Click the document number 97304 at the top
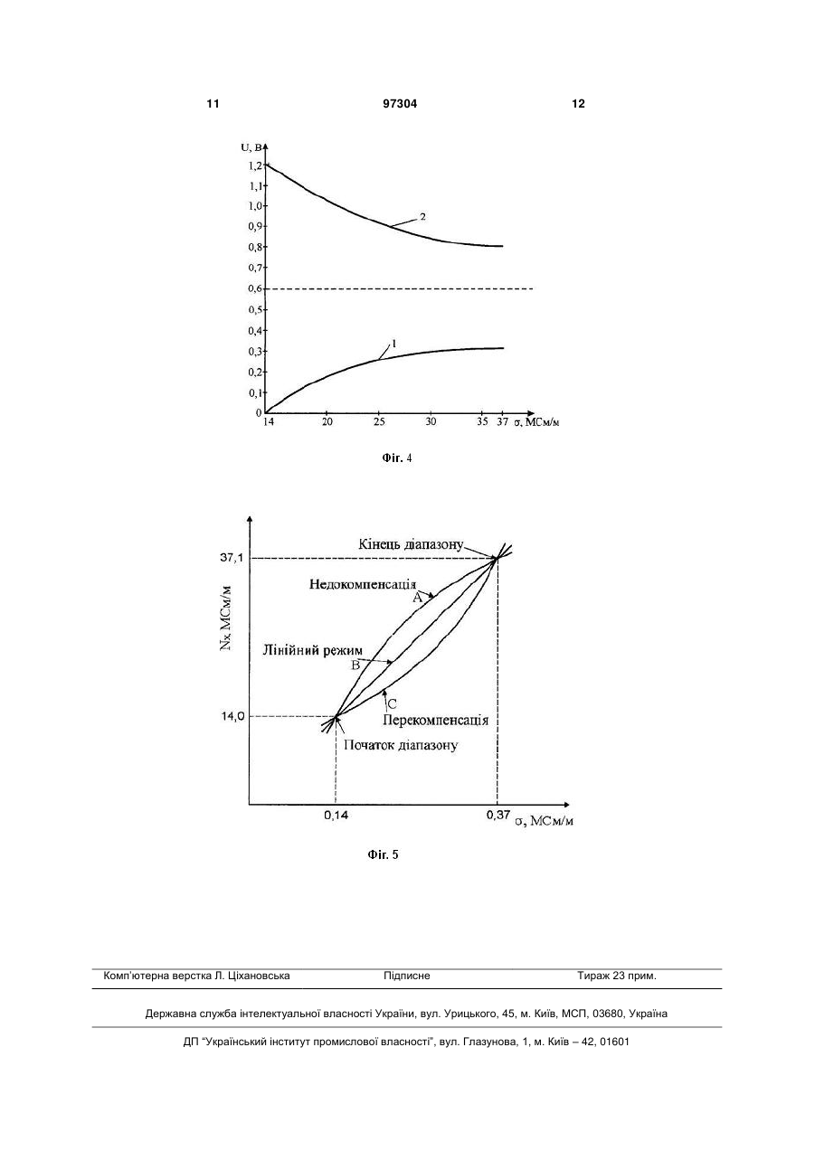(x=400, y=104)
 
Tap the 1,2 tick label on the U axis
(x=254, y=166)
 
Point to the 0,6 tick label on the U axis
(x=255, y=288)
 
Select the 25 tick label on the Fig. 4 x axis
(x=379, y=421)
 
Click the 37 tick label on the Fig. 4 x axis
(x=502, y=421)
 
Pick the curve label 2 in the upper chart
(x=422, y=217)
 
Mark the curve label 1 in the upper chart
(x=393, y=344)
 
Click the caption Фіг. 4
(x=397, y=458)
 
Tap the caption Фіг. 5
(x=383, y=854)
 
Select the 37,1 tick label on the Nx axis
(x=231, y=558)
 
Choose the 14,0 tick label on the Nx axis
(x=232, y=716)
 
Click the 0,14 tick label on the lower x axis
(x=336, y=815)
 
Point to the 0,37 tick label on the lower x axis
(x=498, y=814)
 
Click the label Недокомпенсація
(x=363, y=584)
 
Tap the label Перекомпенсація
(x=435, y=720)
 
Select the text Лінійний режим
(x=313, y=650)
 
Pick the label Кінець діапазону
(x=411, y=544)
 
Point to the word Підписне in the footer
(x=407, y=976)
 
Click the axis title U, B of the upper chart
(x=251, y=147)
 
